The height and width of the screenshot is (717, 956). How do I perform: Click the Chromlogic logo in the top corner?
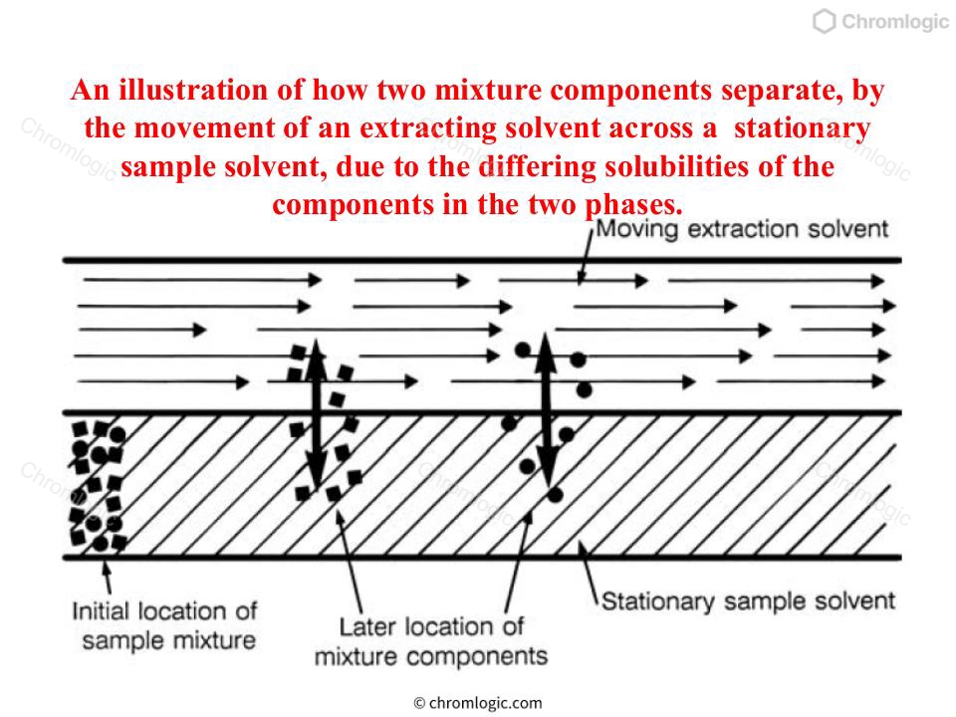click(x=880, y=21)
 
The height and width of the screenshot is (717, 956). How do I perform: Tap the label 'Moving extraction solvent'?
click(x=742, y=229)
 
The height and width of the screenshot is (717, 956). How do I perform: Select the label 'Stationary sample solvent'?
click(x=748, y=601)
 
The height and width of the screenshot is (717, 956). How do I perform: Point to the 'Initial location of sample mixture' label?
click(x=164, y=625)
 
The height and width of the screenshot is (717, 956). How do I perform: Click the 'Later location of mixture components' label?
click(x=431, y=641)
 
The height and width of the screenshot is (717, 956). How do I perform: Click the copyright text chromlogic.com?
click(x=477, y=703)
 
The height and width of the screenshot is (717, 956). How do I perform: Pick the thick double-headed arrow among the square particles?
click(x=316, y=415)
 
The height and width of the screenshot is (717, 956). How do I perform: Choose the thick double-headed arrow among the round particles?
click(x=547, y=411)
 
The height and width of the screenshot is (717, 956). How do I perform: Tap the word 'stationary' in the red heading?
click(x=802, y=128)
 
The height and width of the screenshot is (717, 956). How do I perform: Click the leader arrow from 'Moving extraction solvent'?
click(x=586, y=257)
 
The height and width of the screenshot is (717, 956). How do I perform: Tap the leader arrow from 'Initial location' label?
click(x=108, y=577)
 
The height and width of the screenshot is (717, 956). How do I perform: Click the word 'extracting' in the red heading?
click(x=428, y=128)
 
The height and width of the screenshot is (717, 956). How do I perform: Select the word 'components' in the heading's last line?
click(x=352, y=205)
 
